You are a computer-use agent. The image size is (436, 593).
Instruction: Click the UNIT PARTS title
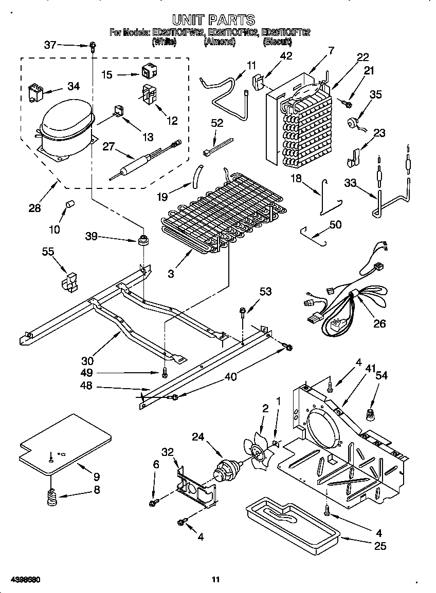pos(213,20)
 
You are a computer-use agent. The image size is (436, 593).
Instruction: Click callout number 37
pos(50,45)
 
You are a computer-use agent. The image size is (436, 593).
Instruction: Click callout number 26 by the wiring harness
pos(379,324)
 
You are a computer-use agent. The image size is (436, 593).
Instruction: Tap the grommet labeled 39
pos(143,240)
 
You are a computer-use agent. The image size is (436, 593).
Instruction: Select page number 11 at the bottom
pos(216,580)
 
